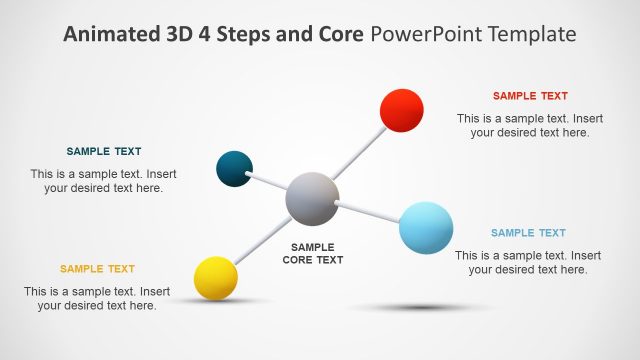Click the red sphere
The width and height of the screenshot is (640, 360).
coord(402,110)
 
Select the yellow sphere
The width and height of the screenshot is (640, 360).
coord(215,277)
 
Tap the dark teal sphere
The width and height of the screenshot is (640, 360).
coord(234,168)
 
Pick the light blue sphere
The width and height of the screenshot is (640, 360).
coord(426,227)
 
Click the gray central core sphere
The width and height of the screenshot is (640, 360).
coord(312,198)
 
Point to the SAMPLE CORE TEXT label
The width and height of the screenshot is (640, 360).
coord(312,253)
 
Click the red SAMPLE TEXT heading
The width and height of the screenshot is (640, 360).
coord(530,96)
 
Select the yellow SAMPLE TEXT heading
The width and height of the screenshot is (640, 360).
coord(97,269)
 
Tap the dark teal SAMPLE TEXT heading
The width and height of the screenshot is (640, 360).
coord(104,152)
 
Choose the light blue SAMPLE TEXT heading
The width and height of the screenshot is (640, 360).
coord(528,233)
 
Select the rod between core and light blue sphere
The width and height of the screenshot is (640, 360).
coord(368,211)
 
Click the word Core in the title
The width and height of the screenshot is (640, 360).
coord(337,34)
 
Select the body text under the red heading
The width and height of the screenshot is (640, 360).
coord(530,125)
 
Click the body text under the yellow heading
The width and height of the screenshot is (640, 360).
coord(97,299)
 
